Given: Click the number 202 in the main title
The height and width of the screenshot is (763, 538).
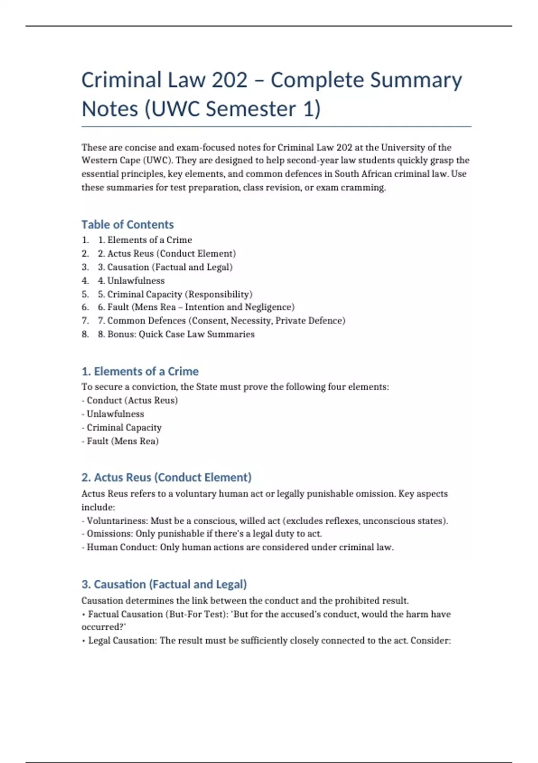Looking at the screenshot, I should (229, 80).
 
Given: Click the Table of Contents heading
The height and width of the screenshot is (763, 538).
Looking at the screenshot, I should (127, 224).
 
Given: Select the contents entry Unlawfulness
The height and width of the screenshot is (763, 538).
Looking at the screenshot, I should (135, 281).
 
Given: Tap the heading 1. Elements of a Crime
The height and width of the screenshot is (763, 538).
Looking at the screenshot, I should (140, 371).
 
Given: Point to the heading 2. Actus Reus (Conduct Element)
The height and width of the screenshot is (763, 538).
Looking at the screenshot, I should (166, 477).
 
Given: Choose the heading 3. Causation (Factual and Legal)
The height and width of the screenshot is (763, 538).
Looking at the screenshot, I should (164, 584).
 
